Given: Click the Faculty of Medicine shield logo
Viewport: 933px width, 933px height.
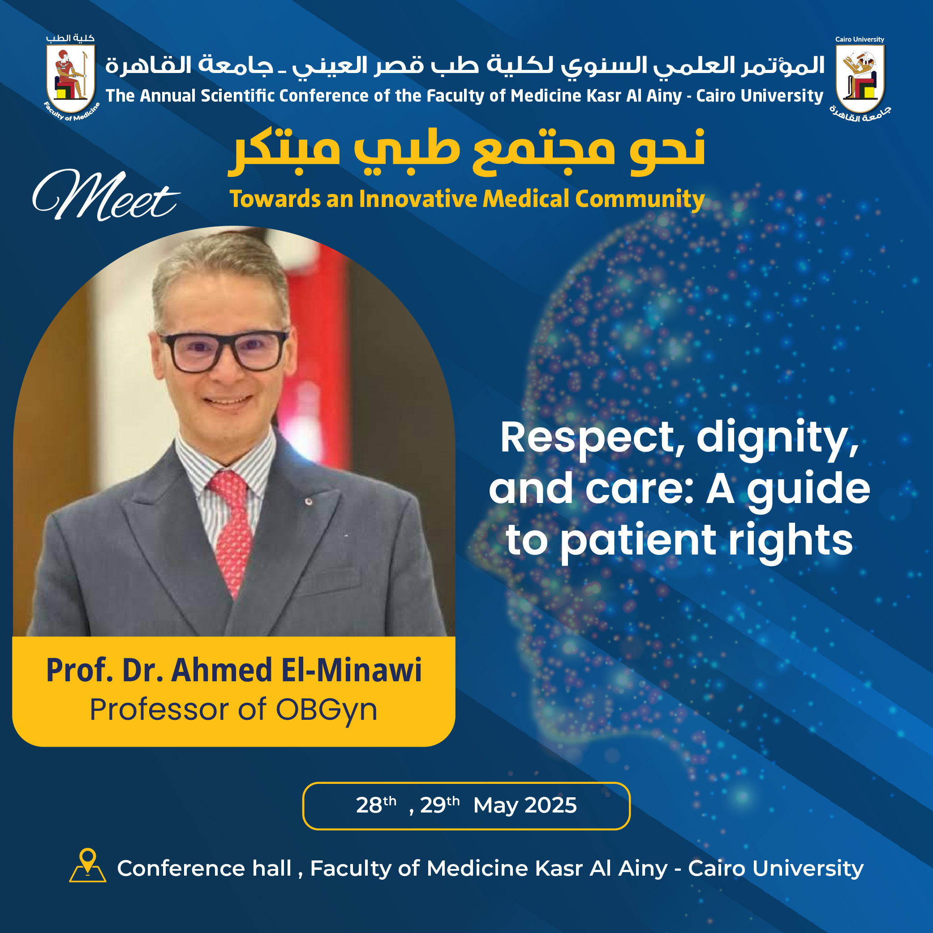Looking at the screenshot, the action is coord(70,78).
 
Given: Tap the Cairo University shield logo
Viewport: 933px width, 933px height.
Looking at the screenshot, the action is coord(860,79).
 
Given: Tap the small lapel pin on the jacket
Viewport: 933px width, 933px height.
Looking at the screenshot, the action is coord(309,502).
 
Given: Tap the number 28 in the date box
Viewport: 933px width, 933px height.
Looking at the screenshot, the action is coord(369,805).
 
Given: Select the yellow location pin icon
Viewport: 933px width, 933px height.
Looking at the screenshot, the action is coord(87,865).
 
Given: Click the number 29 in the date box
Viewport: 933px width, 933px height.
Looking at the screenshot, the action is coord(433,805).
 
